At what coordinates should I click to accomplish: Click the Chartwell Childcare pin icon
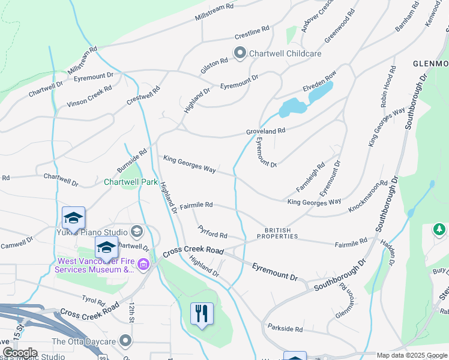pyautogui.click(x=240, y=53)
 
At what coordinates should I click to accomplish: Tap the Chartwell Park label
pyautogui.click(x=130, y=182)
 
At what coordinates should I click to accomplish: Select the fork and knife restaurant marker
pyautogui.click(x=202, y=313)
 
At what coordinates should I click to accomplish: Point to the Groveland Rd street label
pyautogui.click(x=265, y=130)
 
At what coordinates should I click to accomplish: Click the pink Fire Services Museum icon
pyautogui.click(x=143, y=264)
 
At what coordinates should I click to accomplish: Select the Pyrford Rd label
pyautogui.click(x=212, y=232)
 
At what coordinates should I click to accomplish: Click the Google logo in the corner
pyautogui.click(x=20, y=353)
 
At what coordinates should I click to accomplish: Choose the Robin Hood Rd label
pyautogui.click(x=388, y=86)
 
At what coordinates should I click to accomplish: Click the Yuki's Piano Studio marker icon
pyautogui.click(x=137, y=232)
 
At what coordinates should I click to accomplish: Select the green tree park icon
pyautogui.click(x=439, y=229)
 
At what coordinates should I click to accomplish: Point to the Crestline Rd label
pyautogui.click(x=252, y=29)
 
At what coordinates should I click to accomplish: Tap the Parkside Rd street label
pyautogui.click(x=286, y=329)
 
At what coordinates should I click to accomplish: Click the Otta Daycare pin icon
pyautogui.click(x=125, y=341)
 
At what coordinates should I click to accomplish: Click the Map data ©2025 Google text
pyautogui.click(x=412, y=355)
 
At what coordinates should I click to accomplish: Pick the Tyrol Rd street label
pyautogui.click(x=93, y=299)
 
